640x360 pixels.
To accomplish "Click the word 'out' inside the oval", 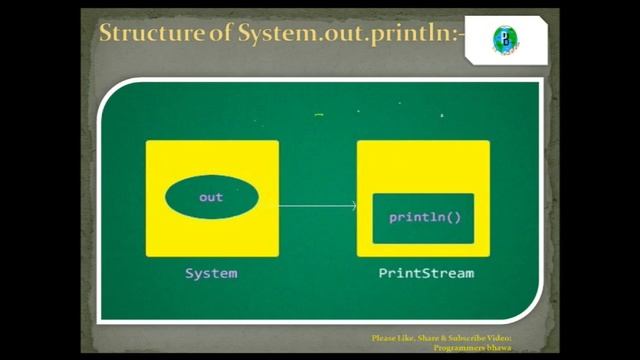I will tap(211, 197).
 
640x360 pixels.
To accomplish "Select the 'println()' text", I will tap(424, 216).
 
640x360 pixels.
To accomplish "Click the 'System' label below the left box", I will tap(211, 273).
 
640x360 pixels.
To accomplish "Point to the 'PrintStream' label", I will tap(426, 273).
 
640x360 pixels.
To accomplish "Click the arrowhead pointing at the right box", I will tap(354, 206).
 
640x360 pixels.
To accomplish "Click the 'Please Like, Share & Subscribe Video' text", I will tap(441, 338).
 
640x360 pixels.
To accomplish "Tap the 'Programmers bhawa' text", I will tap(473, 348).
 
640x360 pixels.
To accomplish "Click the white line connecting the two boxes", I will tap(315, 206).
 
